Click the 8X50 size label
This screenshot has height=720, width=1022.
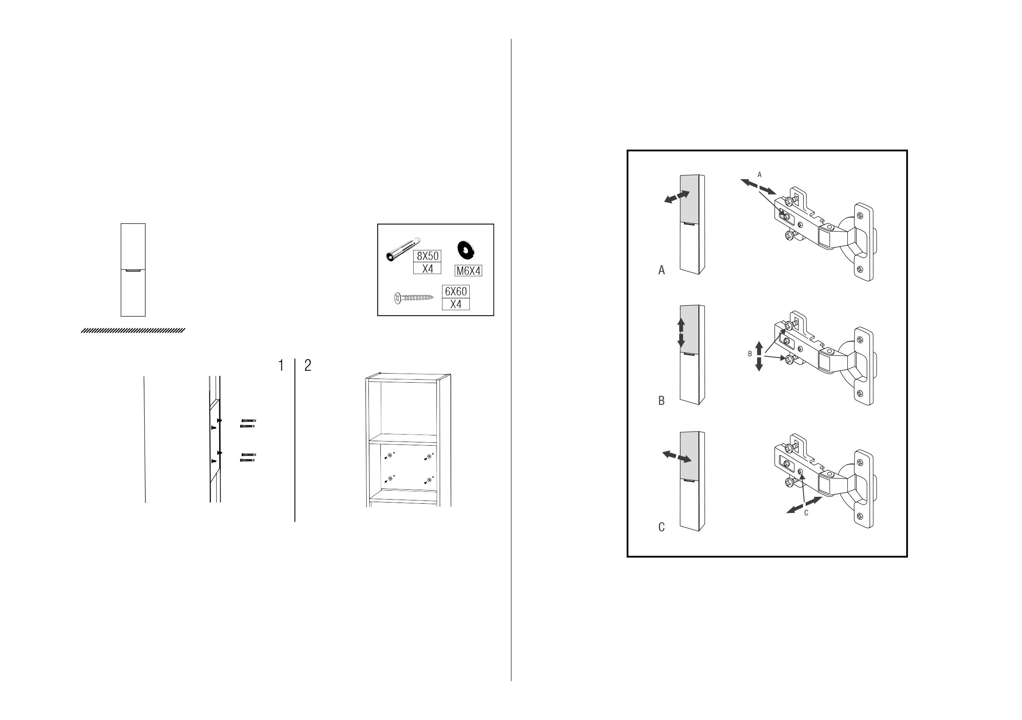click(427, 256)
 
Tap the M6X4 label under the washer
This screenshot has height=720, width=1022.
click(468, 271)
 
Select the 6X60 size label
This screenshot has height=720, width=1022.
click(456, 292)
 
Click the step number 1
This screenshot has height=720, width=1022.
click(281, 365)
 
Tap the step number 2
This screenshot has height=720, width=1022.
click(307, 365)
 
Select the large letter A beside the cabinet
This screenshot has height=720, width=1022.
click(661, 270)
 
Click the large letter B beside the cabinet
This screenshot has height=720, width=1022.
click(661, 400)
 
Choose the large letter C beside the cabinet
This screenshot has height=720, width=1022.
click(661, 527)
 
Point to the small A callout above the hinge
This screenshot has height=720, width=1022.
click(759, 175)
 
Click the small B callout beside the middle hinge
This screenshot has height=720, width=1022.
click(750, 354)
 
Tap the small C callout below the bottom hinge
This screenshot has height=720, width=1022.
click(806, 513)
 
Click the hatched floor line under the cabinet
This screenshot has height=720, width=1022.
click(133, 330)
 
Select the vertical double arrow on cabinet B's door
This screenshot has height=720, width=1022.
click(681, 332)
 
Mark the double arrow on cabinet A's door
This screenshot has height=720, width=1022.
click(677, 197)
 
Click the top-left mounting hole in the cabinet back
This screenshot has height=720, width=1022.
click(390, 456)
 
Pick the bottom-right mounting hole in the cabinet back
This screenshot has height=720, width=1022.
click(429, 480)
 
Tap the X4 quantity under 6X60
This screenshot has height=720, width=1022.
click(456, 304)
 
